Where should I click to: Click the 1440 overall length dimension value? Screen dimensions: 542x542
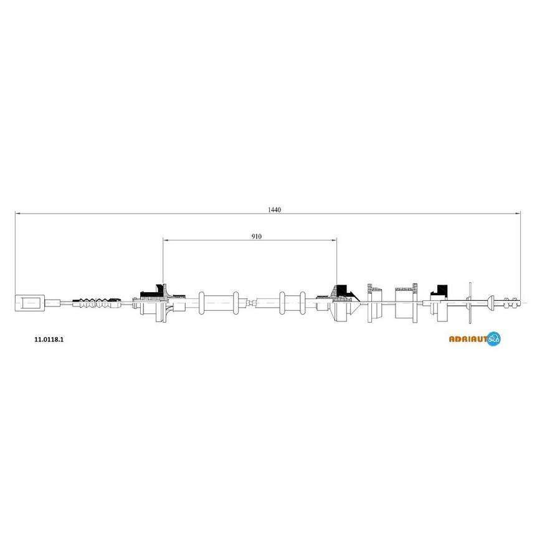pyautogui.click(x=275, y=209)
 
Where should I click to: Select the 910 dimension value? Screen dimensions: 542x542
pyautogui.click(x=257, y=237)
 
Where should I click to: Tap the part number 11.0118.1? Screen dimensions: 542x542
pyautogui.click(x=49, y=340)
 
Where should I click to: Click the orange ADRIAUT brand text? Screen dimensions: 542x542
pyautogui.click(x=468, y=339)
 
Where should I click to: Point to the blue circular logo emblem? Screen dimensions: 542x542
pyautogui.click(x=493, y=339)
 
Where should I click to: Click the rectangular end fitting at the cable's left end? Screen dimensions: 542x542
pyautogui.click(x=30, y=303)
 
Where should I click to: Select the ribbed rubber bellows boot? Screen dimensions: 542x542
pyautogui.click(x=97, y=302)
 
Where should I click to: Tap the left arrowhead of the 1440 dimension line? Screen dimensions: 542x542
pyautogui.click(x=18, y=214)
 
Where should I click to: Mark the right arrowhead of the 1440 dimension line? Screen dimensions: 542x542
pyautogui.click(x=518, y=214)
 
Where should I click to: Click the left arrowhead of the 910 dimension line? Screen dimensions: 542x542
pyautogui.click(x=166, y=240)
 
